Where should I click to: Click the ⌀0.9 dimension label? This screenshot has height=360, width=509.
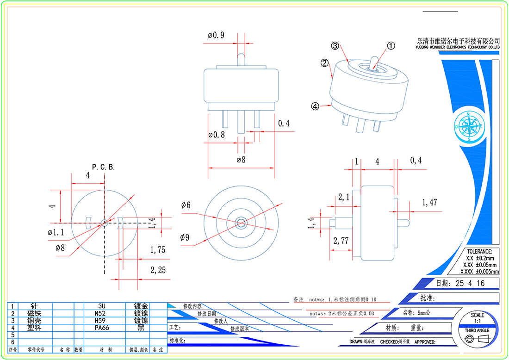point(216,35)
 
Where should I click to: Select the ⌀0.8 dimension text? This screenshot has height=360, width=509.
point(217,135)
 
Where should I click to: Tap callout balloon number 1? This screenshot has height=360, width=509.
point(391,46)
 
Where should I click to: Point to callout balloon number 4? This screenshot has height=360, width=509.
point(315,106)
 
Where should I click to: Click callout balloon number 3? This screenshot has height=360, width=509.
point(335,46)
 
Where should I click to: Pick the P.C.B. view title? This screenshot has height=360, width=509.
point(103,167)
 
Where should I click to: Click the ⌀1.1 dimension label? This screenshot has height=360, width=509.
point(56,232)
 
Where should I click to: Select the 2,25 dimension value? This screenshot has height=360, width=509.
point(158,270)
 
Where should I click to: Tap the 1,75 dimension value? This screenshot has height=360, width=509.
point(158,250)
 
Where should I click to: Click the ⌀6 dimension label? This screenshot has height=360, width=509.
point(186,205)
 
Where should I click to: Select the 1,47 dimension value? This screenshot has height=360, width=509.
point(429,202)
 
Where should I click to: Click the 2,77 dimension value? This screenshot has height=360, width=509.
point(341,240)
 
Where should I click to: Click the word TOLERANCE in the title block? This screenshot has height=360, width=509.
point(480,251)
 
